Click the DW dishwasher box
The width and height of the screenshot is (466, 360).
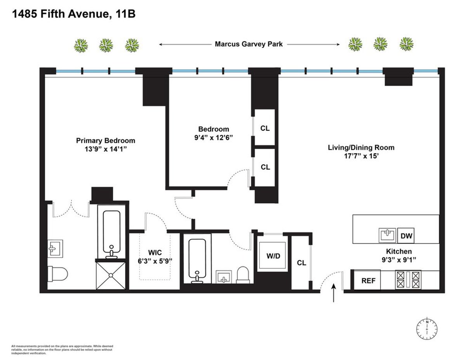pyautogui.click(x=405, y=236)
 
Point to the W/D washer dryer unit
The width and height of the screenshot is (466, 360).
pyautogui.click(x=273, y=257)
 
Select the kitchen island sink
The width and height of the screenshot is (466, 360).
pyautogui.click(x=387, y=235)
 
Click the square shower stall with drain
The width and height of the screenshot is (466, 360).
pyautogui.click(x=111, y=275)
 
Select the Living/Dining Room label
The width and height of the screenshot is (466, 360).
pyautogui.click(x=361, y=148)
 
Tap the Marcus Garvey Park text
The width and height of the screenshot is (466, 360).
pyautogui.click(x=249, y=44)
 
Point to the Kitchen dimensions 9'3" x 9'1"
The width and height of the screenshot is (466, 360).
pyautogui.click(x=399, y=259)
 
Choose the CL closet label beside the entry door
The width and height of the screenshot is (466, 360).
pyautogui.click(x=301, y=263)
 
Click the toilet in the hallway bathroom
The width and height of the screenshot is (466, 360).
pyautogui.click(x=243, y=275)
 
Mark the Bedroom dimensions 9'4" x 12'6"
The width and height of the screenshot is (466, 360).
pyautogui.click(x=214, y=137)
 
